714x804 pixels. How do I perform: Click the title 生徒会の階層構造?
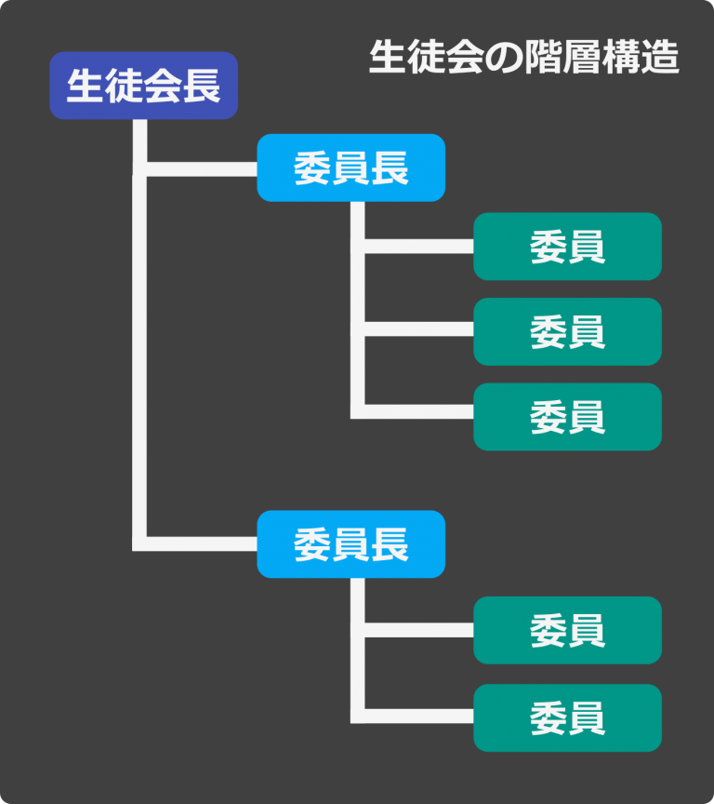523,58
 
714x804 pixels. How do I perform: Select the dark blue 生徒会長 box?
143,86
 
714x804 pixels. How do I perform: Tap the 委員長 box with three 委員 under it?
350,167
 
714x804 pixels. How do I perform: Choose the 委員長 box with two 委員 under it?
350,544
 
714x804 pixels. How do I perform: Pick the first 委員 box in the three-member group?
567,247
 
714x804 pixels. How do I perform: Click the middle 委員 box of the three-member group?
567,331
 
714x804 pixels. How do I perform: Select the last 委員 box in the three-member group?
567,417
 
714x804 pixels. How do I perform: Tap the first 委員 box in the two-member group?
567,630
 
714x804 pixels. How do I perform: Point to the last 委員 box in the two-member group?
567,717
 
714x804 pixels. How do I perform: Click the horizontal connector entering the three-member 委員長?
200,168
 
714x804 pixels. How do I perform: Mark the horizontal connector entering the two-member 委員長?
200,544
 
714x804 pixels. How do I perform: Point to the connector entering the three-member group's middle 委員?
418,329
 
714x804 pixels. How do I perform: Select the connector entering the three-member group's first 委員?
418,247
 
